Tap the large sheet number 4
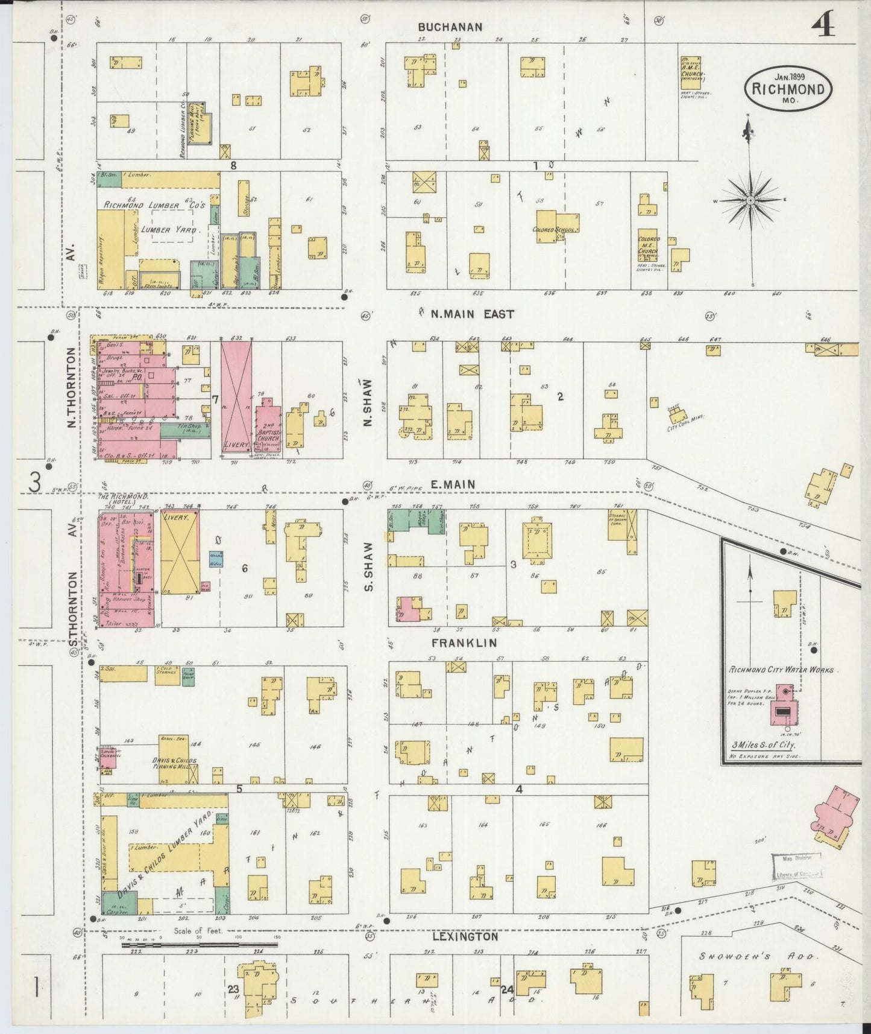point(823,26)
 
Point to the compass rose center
point(751,199)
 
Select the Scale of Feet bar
point(199,962)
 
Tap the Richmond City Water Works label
point(781,670)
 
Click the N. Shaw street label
point(368,402)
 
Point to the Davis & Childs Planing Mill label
point(174,763)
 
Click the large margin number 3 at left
point(35,482)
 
